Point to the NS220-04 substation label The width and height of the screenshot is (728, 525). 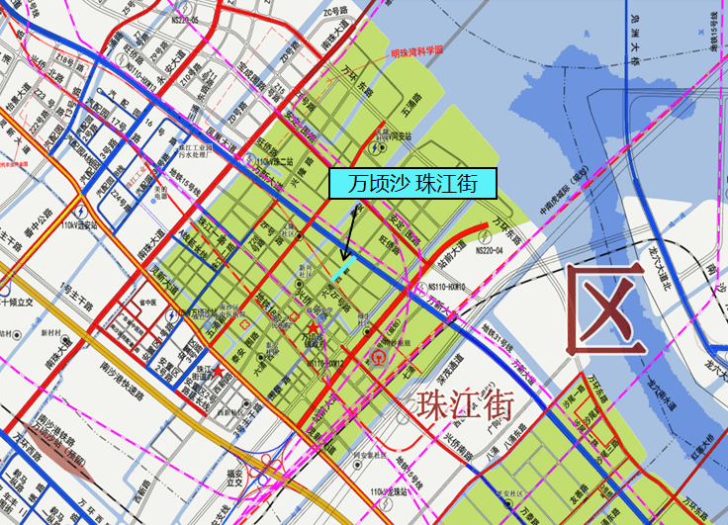(490, 250)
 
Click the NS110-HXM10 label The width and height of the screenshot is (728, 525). (447, 287)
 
